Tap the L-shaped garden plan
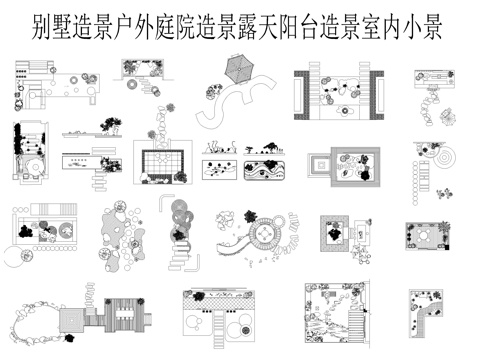pos(424,314)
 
